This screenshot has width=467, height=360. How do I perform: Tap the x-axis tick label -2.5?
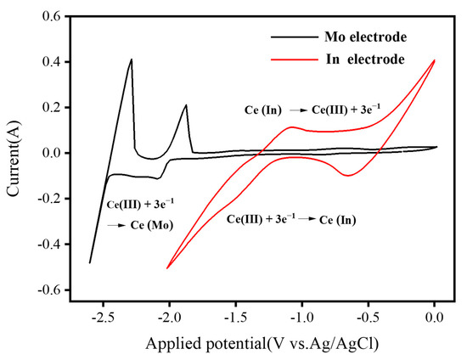pos(103,319)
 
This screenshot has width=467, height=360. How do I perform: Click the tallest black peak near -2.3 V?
pos(132,59)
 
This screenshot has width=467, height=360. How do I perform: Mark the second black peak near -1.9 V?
pos(186,105)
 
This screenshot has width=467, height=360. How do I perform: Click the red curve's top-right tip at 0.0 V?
pos(435,60)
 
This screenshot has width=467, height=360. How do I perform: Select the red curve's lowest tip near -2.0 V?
pos(167,268)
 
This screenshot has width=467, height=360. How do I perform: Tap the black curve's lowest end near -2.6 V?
pos(90,262)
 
